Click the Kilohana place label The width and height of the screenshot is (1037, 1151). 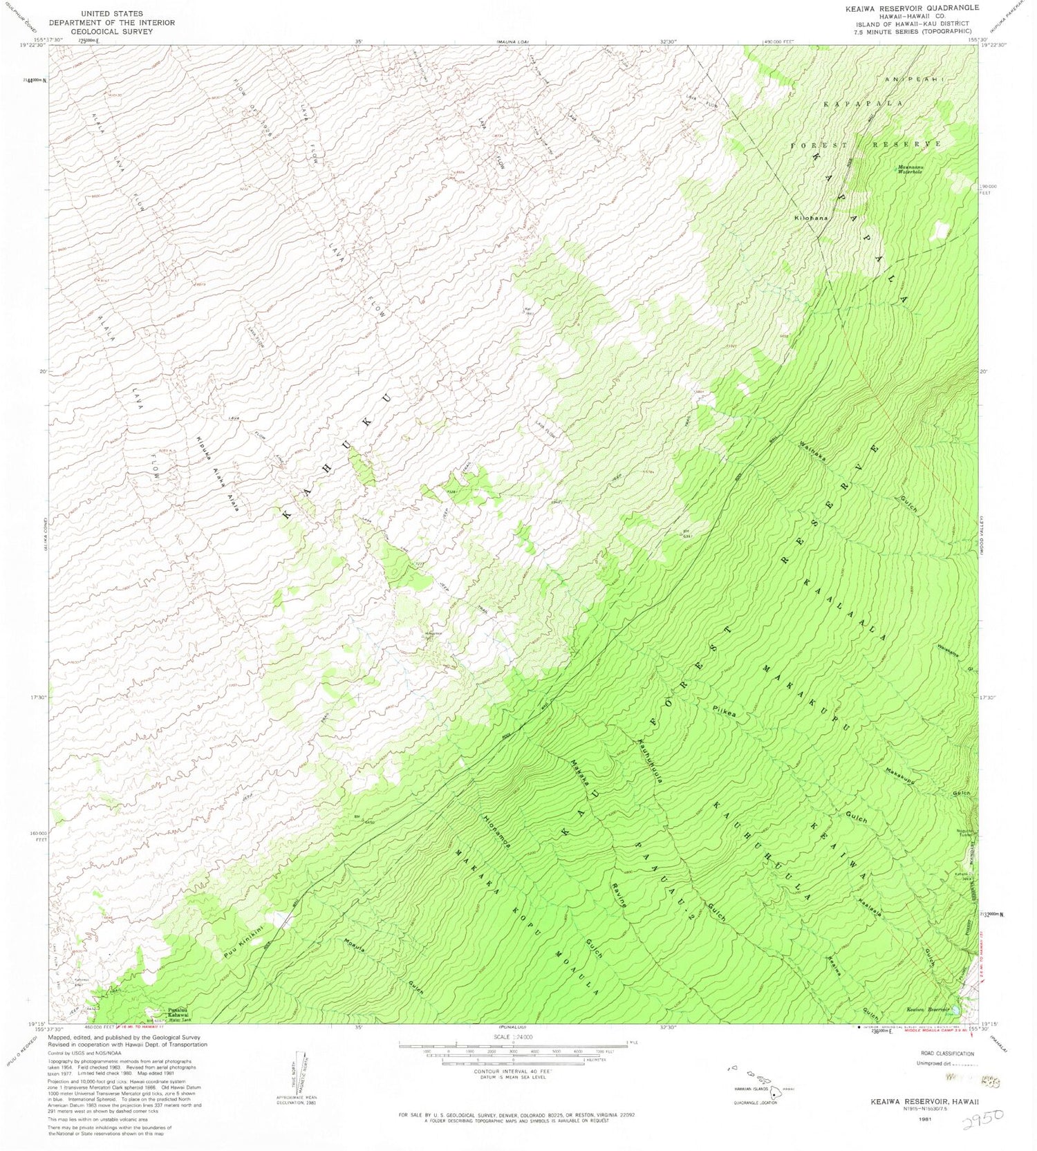tap(811, 218)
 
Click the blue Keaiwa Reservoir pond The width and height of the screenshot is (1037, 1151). tap(956, 1010)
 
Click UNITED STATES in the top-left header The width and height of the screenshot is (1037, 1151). tap(112, 13)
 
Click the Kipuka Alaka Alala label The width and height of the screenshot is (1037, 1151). tap(216, 473)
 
